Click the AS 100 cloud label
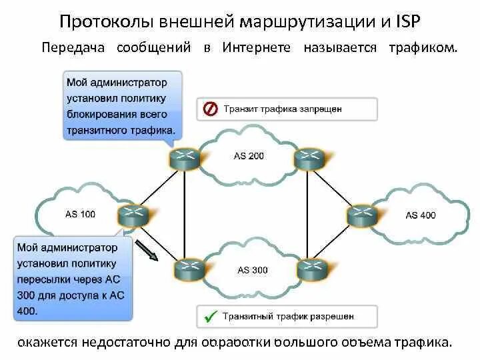[80, 214]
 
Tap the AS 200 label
[249, 156]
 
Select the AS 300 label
[253, 270]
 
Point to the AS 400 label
[421, 215]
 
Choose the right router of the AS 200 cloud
[308, 157]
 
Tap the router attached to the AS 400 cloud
[361, 215]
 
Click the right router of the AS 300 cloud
[309, 269]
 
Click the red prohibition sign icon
[210, 109]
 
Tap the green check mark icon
[211, 316]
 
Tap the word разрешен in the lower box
[331, 316]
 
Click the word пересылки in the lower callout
[46, 279]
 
